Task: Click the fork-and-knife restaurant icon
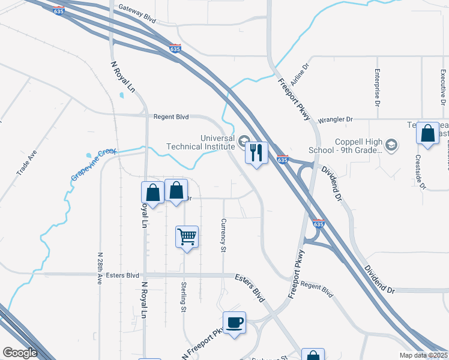coord(256,153)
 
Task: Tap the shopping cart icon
coord(187,236)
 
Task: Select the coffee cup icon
coord(234,323)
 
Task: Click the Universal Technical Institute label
coord(200,142)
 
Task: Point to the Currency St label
coord(223,235)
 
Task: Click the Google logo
coord(20,352)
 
